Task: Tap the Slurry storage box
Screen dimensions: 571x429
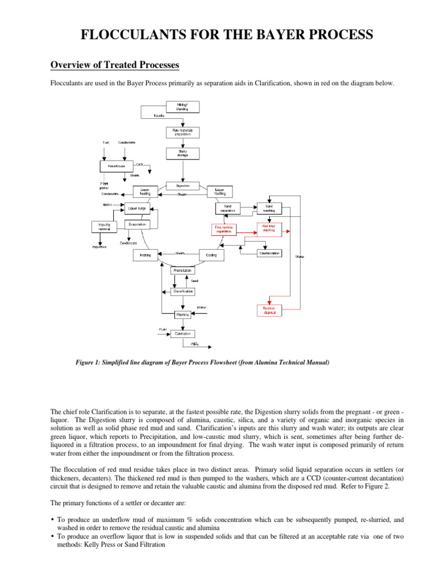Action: click(x=182, y=153)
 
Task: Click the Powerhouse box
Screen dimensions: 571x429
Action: click(x=117, y=166)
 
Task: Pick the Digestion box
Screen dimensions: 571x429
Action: click(x=183, y=186)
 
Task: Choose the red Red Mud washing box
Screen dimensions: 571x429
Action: click(x=269, y=228)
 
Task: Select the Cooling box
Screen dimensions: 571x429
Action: click(x=212, y=255)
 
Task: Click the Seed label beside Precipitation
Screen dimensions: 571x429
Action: click(x=194, y=280)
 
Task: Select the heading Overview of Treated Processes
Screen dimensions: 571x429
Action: click(x=115, y=65)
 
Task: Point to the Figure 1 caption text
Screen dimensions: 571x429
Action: click(x=202, y=362)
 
